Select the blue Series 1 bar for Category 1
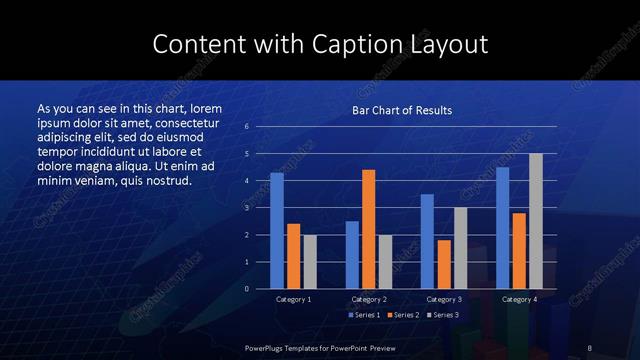tap(277, 231)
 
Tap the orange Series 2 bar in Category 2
tap(369, 229)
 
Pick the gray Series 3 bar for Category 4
tap(536, 221)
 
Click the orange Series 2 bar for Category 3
tap(444, 264)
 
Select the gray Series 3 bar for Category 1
tap(310, 262)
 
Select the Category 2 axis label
tap(369, 299)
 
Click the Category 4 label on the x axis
tap(518, 299)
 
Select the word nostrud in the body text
tap(159, 181)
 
